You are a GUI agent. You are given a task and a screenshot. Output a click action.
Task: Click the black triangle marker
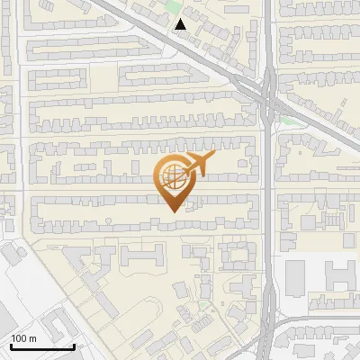[181, 24]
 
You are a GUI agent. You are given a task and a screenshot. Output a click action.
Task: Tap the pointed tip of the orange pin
[174, 211]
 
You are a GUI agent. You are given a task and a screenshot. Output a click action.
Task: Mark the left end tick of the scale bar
[12, 346]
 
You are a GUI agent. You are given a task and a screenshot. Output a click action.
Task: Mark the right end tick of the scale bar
[74, 346]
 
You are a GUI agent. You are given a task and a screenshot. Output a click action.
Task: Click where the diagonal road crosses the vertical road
[268, 92]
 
